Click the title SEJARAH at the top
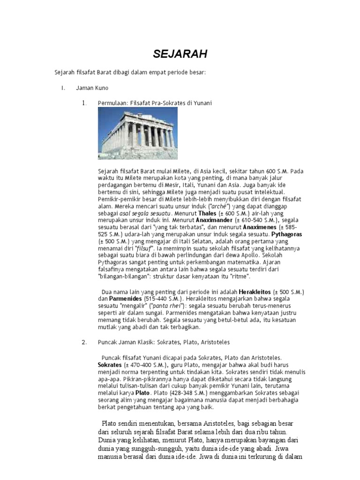(180, 54)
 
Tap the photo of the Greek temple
(138, 133)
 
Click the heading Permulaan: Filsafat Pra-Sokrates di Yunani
(155, 103)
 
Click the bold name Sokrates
(109, 364)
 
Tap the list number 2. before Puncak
(84, 342)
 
